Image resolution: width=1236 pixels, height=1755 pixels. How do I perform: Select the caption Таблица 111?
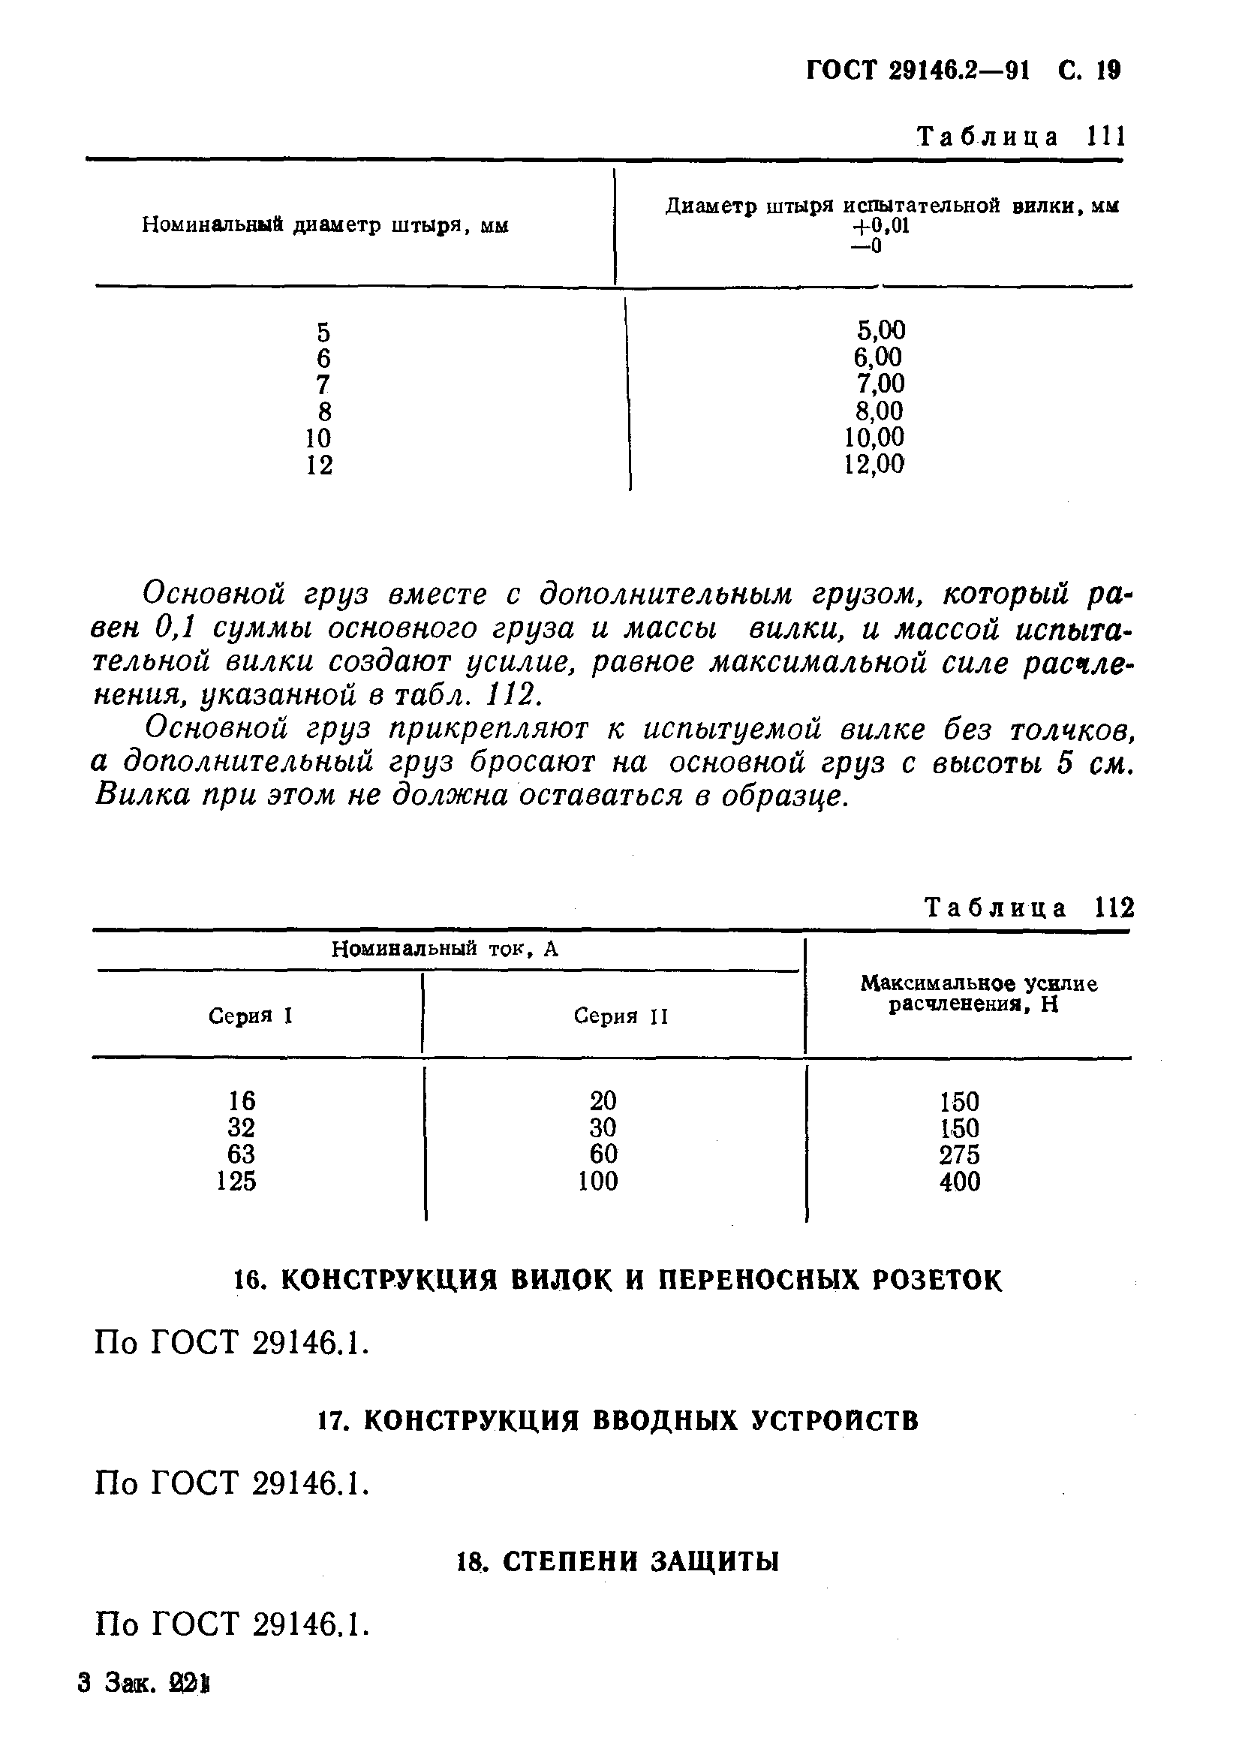(x=1021, y=137)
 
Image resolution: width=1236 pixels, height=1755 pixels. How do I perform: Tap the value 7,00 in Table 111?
(x=880, y=384)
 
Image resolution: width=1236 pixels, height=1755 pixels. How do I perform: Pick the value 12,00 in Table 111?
(x=874, y=464)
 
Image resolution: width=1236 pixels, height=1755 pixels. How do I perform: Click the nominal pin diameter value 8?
(x=325, y=412)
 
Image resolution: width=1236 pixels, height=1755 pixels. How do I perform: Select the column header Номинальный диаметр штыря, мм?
(x=325, y=225)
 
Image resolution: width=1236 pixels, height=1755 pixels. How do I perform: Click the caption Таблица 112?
(x=1029, y=908)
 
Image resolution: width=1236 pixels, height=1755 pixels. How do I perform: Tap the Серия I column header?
(x=251, y=1016)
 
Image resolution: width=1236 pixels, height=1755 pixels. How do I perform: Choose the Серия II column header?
(x=621, y=1016)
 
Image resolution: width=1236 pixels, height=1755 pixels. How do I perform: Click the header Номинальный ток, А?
(x=445, y=950)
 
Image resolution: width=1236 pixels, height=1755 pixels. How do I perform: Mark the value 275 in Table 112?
(x=959, y=1154)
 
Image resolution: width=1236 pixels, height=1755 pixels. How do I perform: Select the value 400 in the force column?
(x=959, y=1182)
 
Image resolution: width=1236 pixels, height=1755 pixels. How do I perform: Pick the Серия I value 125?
(x=236, y=1181)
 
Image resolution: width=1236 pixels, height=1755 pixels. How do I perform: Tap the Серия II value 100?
(x=598, y=1181)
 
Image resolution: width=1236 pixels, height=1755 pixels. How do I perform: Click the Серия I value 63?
(x=241, y=1154)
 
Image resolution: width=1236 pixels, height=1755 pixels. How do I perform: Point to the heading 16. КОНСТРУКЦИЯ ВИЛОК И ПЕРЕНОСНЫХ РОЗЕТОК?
(x=617, y=1280)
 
